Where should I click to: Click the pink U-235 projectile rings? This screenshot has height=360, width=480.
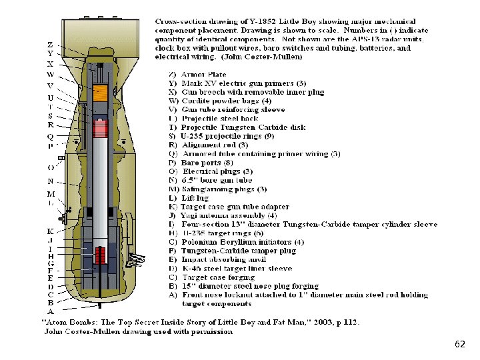pyautogui.click(x=101, y=126)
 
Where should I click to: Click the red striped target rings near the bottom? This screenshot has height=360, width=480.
pyautogui.click(x=102, y=255)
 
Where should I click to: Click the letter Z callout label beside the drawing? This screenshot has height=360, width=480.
pyautogui.click(x=51, y=43)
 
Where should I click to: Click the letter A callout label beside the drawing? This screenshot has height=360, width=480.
pyautogui.click(x=51, y=311)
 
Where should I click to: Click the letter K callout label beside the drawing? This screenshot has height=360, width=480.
pyautogui.click(x=51, y=231)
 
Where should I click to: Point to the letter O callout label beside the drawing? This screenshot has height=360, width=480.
pyautogui.click(x=51, y=168)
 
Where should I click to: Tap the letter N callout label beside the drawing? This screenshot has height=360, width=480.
pyautogui.click(x=51, y=181)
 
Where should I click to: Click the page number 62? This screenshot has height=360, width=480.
pyautogui.click(x=459, y=344)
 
